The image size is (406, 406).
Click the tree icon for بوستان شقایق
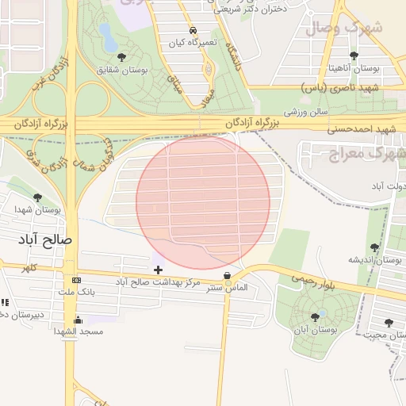point(121,57)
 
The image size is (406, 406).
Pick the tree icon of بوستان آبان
point(315,317)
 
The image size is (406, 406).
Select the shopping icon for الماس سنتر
point(228,277)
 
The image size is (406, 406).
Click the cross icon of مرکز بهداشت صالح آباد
point(158,270)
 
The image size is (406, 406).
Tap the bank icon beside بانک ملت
point(75,281)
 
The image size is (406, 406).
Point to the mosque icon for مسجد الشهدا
point(77,321)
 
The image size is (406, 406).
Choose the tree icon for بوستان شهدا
point(37,197)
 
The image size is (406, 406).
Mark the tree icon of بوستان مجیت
point(388,323)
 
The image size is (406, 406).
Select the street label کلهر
point(29,268)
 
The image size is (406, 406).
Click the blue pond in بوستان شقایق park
point(105,33)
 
